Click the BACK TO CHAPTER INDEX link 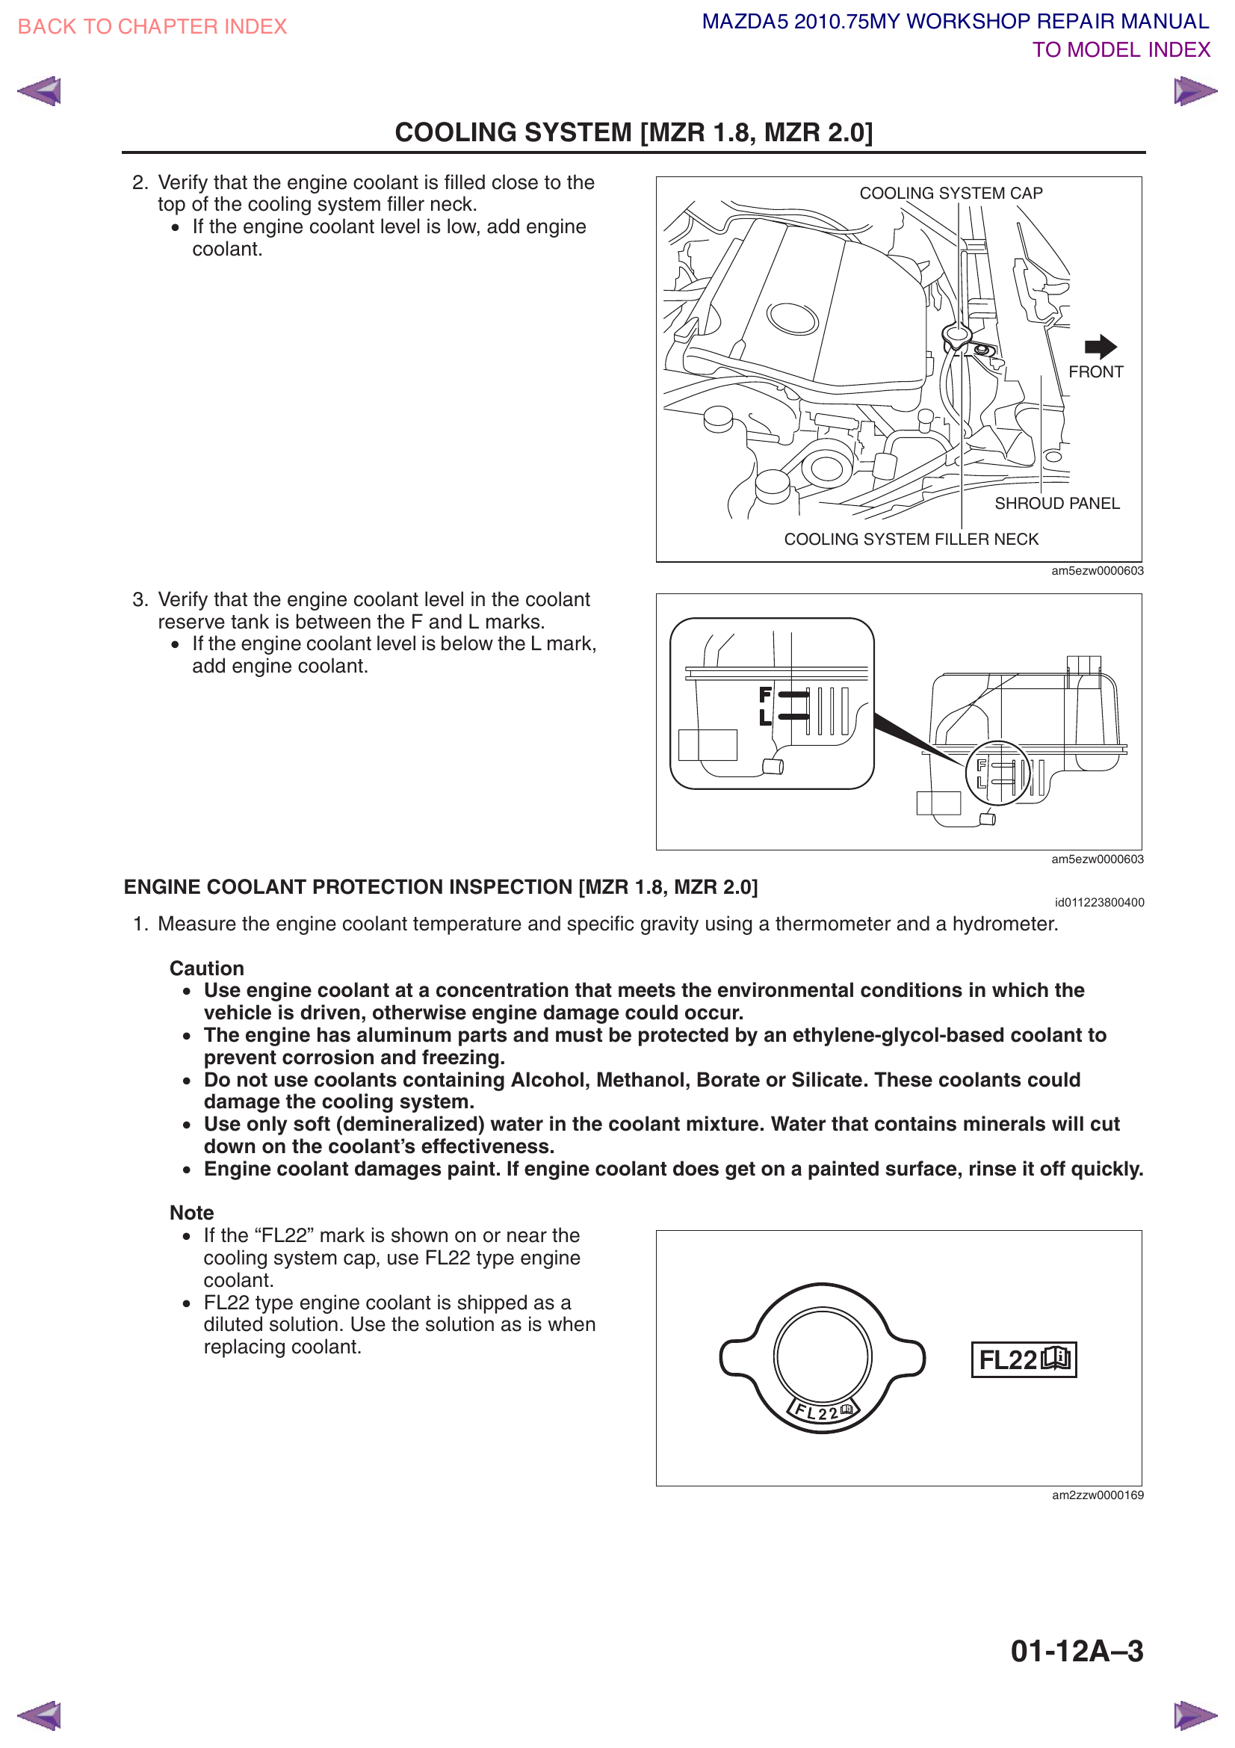pos(152,27)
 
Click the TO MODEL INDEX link pos(1120,50)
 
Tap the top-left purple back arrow pos(39,91)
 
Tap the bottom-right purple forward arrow pos(1195,1714)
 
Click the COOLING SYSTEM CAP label pos(950,194)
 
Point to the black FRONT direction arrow pos(1100,347)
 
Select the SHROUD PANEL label pos(1056,503)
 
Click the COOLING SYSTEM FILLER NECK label pos(910,539)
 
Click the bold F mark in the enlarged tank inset pos(765,694)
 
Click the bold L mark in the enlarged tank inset pos(765,717)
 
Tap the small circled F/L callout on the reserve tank pos(997,773)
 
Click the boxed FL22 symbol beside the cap pos(1024,1359)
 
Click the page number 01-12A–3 pos(1076,1651)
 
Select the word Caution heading pos(206,969)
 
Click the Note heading pos(192,1213)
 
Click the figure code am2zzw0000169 pos(1098,1495)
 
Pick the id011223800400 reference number pos(1099,902)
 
